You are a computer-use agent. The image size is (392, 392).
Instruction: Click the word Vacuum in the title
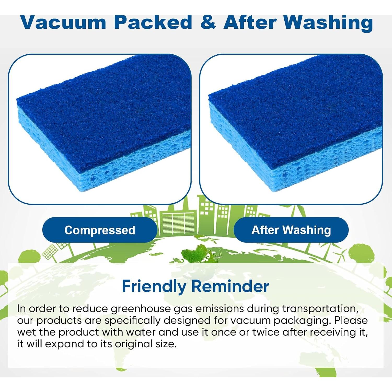click(64, 22)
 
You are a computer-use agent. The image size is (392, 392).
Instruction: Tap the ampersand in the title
click(208, 22)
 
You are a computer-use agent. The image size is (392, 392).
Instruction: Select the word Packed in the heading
click(153, 22)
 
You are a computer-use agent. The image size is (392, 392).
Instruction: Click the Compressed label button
click(100, 230)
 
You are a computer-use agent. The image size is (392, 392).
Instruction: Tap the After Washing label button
click(291, 230)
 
